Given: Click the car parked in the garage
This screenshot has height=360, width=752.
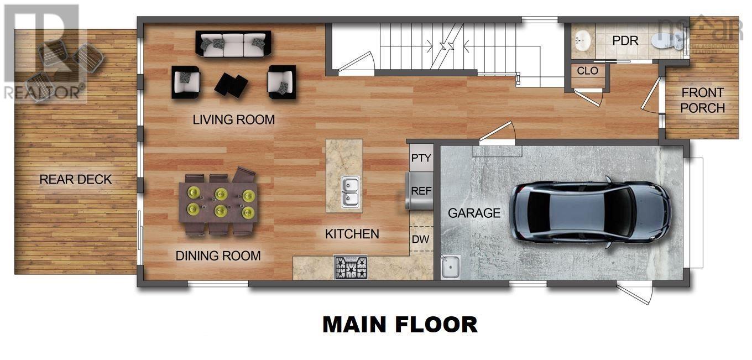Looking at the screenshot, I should point(590,211).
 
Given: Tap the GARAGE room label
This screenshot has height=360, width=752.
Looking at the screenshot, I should point(474,213).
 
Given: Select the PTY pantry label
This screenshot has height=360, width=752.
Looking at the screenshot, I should point(421,158).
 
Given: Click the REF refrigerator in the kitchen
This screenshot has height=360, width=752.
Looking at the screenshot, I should point(421,191).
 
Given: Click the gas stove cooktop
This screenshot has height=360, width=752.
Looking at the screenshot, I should point(351,268).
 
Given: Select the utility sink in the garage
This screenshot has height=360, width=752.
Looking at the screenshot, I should point(451,267).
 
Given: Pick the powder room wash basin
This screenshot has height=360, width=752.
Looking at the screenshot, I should point(581,40).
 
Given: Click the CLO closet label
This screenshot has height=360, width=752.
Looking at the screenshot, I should point(587,71).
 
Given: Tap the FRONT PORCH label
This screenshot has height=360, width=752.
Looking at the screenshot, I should point(702,100).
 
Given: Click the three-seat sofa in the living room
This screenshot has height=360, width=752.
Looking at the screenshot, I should point(233,44).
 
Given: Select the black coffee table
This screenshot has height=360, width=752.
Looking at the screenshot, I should point(231,85).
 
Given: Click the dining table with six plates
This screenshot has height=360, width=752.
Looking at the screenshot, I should point(218,202).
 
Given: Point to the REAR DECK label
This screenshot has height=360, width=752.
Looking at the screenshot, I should point(75,179).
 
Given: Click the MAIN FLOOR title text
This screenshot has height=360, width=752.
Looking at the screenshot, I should point(400,325).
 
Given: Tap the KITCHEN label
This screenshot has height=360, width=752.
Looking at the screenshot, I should point(352,234).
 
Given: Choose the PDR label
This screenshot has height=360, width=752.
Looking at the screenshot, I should point(625,41).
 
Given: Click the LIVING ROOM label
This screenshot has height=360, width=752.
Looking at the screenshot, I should point(233,119).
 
